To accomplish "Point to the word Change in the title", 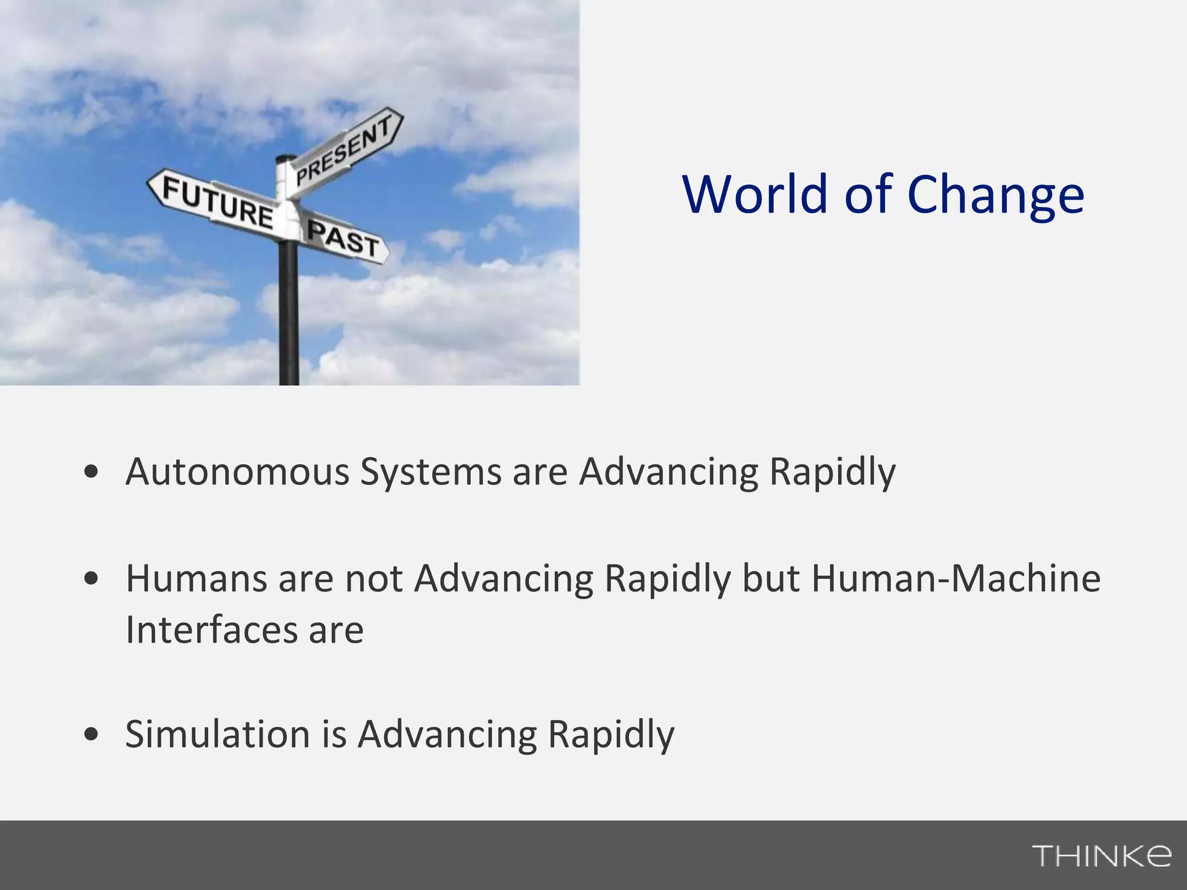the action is pos(995,198).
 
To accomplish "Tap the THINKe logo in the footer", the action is pos(1101,855).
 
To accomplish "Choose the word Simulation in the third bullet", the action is pos(218,734).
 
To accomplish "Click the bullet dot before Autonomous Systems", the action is pos(91,472).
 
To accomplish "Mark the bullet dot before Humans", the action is pos(91,578).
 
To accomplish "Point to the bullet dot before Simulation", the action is pos(91,734).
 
